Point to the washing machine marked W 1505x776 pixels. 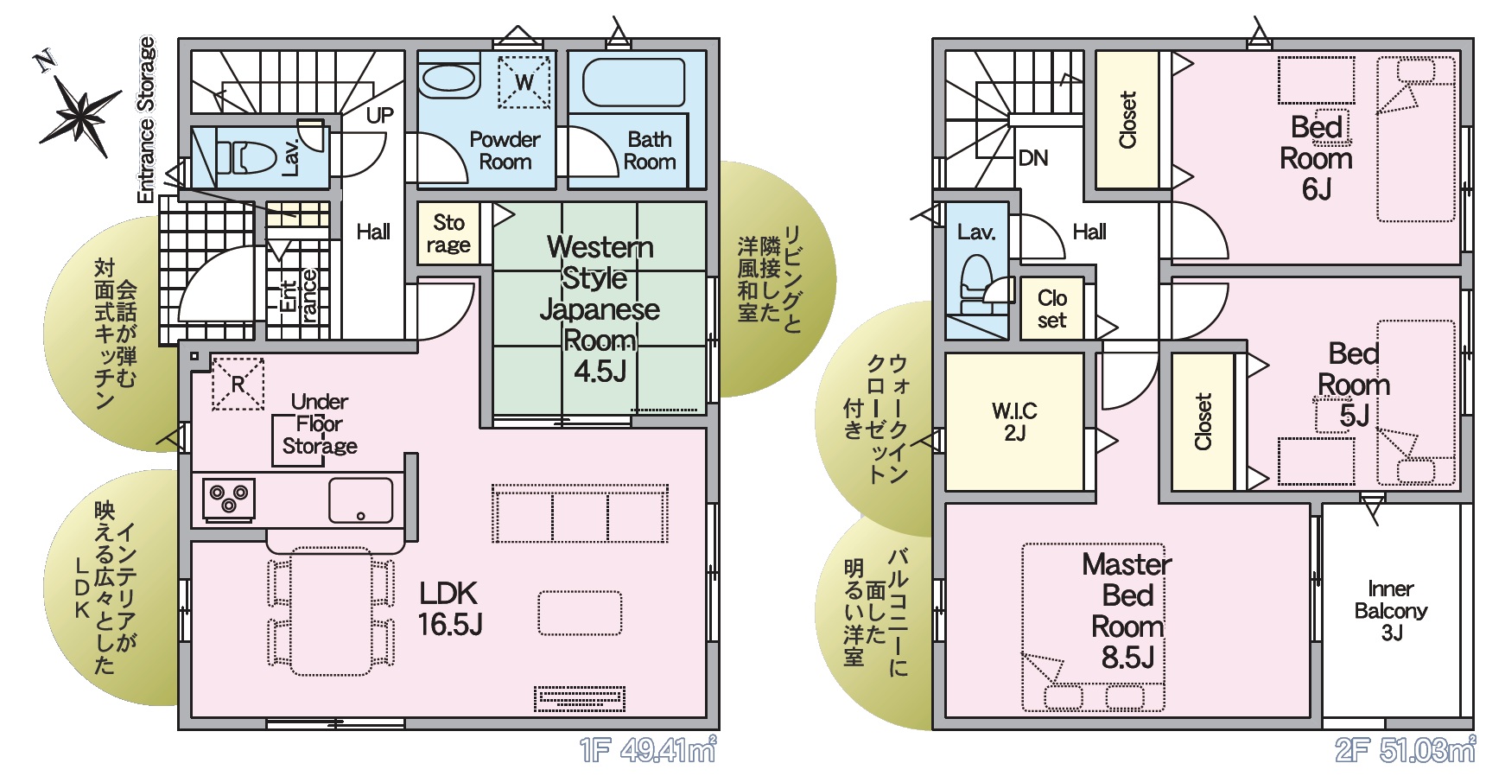524,82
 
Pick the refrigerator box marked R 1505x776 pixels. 238,384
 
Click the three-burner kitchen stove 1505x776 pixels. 229,500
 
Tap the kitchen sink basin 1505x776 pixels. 360,500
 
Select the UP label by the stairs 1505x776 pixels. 380,116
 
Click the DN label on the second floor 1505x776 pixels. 1033,158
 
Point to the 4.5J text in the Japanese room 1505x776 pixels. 600,371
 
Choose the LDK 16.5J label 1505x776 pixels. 449,608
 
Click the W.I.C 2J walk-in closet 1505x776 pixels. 1014,422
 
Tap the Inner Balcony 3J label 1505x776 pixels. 1391,611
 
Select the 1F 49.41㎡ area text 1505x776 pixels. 648,749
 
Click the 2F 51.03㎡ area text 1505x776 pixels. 1405,749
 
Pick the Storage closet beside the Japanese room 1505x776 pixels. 448,233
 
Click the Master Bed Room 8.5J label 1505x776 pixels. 1127,611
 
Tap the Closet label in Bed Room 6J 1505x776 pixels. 1127,120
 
